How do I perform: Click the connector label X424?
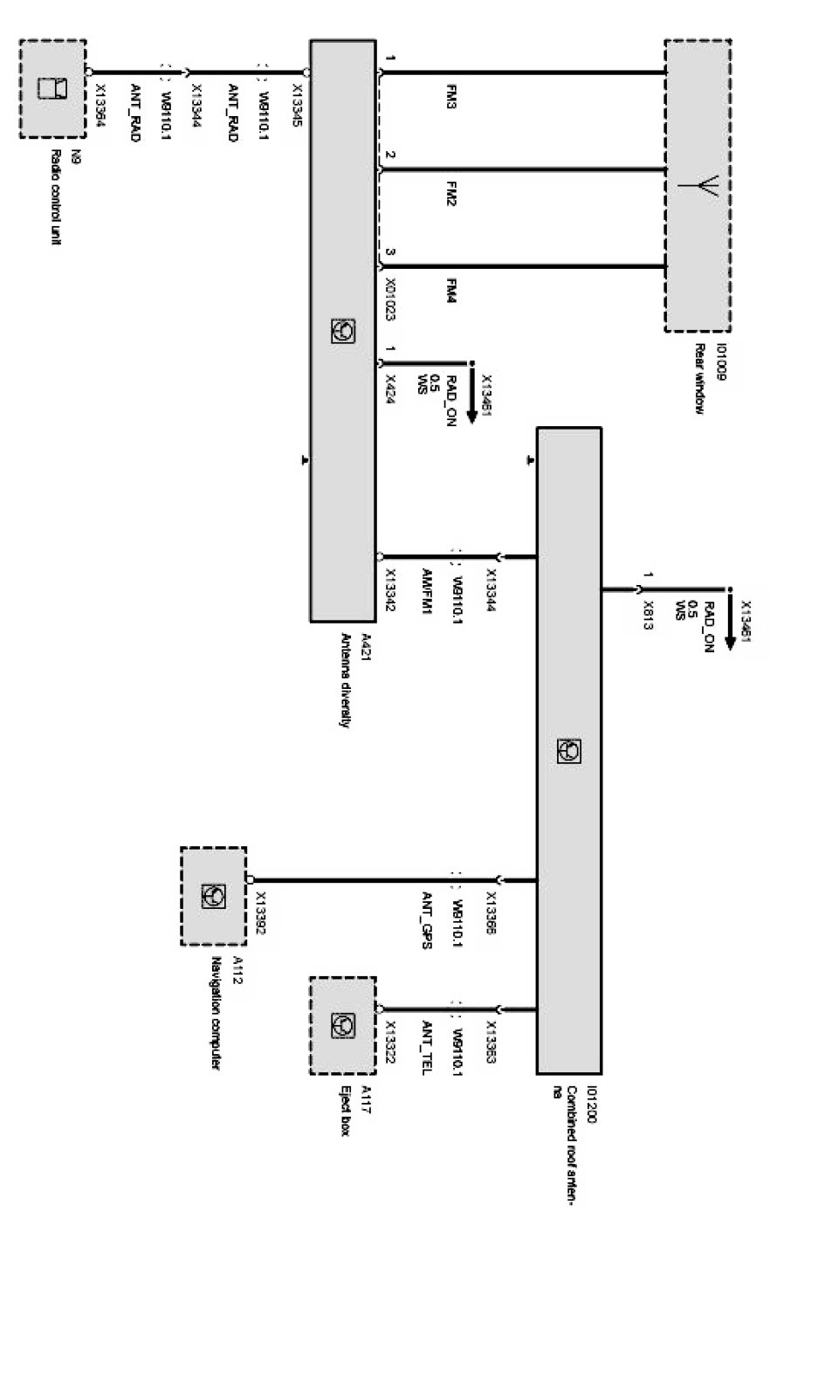pos(390,383)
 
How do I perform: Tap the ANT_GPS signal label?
pos(428,919)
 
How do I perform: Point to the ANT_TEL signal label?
pos(428,1047)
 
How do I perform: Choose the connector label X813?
pos(647,615)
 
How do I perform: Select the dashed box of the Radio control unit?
pos(53,88)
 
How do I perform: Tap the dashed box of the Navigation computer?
pos(213,895)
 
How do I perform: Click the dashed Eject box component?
pos(342,1025)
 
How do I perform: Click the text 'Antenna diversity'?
pos(346,680)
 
